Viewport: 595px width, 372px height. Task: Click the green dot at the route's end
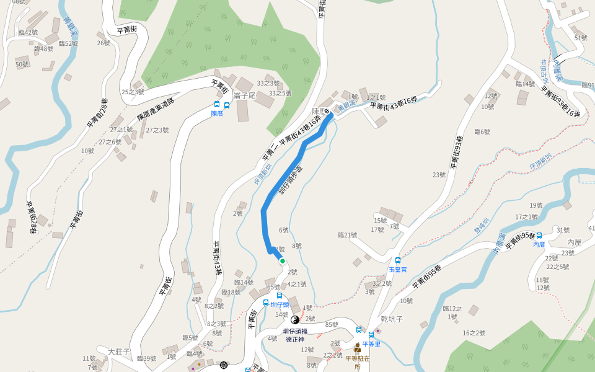click(x=283, y=261)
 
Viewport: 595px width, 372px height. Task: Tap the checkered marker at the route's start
click(x=327, y=112)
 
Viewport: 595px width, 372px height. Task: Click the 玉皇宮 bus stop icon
click(x=398, y=260)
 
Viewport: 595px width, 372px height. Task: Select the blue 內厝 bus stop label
click(x=539, y=244)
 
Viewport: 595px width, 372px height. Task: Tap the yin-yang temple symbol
click(x=295, y=320)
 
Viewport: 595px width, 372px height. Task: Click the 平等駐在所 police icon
click(x=358, y=348)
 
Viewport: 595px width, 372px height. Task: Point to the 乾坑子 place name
click(x=392, y=319)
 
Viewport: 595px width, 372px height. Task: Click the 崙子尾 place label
click(x=245, y=96)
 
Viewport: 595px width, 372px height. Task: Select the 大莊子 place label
click(x=119, y=352)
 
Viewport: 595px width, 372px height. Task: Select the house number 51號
click(x=581, y=38)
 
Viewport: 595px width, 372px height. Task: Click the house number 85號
click(x=332, y=324)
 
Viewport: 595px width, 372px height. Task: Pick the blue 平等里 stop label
click(x=371, y=344)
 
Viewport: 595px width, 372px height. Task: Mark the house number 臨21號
click(x=347, y=235)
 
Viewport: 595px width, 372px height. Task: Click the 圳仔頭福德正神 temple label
click(x=295, y=335)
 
